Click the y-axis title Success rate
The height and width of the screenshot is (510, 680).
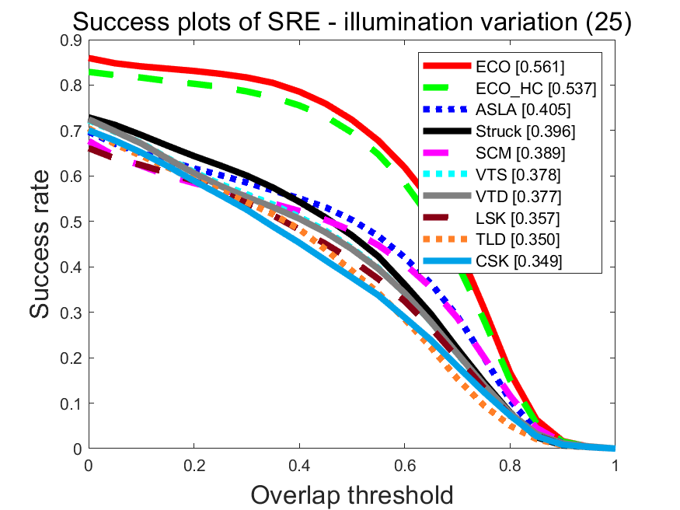coord(43,244)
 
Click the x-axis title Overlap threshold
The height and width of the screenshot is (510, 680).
coord(351,493)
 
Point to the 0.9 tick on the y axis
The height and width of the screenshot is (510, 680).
coord(70,40)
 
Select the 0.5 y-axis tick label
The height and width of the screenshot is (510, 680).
coord(70,222)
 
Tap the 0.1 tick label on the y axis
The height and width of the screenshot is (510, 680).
coord(70,403)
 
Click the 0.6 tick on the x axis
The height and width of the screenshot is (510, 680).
coord(404,464)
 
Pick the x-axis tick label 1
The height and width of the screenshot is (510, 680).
coord(615,464)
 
